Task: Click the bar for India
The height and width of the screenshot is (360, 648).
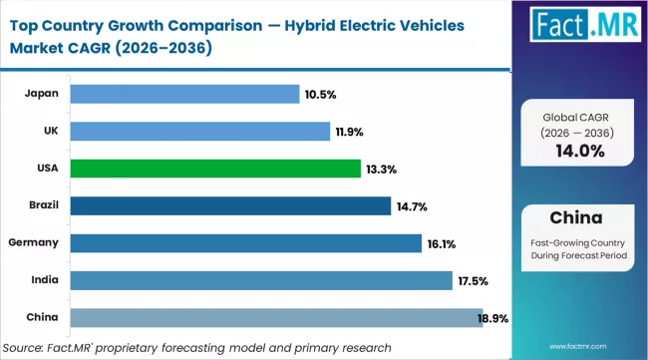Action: click(x=261, y=280)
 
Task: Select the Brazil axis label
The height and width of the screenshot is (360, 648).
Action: click(x=40, y=205)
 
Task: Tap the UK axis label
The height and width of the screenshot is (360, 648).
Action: click(x=50, y=131)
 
